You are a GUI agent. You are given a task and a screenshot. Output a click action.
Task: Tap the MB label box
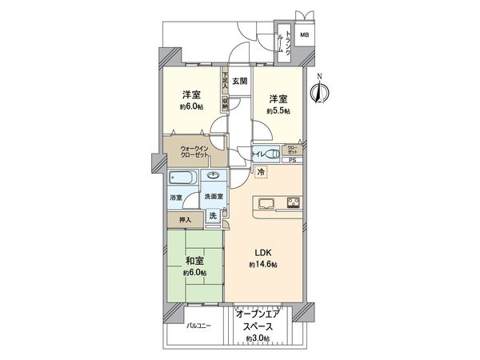click(x=304, y=35)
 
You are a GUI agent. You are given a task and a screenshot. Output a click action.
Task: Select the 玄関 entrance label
click(x=240, y=81)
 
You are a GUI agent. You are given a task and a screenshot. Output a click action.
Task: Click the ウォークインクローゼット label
click(x=195, y=150)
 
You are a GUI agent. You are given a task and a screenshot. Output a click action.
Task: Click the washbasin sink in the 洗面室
click(x=214, y=176)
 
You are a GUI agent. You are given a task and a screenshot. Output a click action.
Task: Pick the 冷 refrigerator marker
click(x=261, y=170)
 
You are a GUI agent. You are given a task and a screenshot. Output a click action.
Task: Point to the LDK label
click(x=264, y=254)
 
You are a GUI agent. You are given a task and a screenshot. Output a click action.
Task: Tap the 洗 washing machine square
click(x=213, y=215)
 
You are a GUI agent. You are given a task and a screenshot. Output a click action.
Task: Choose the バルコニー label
click(x=199, y=326)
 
